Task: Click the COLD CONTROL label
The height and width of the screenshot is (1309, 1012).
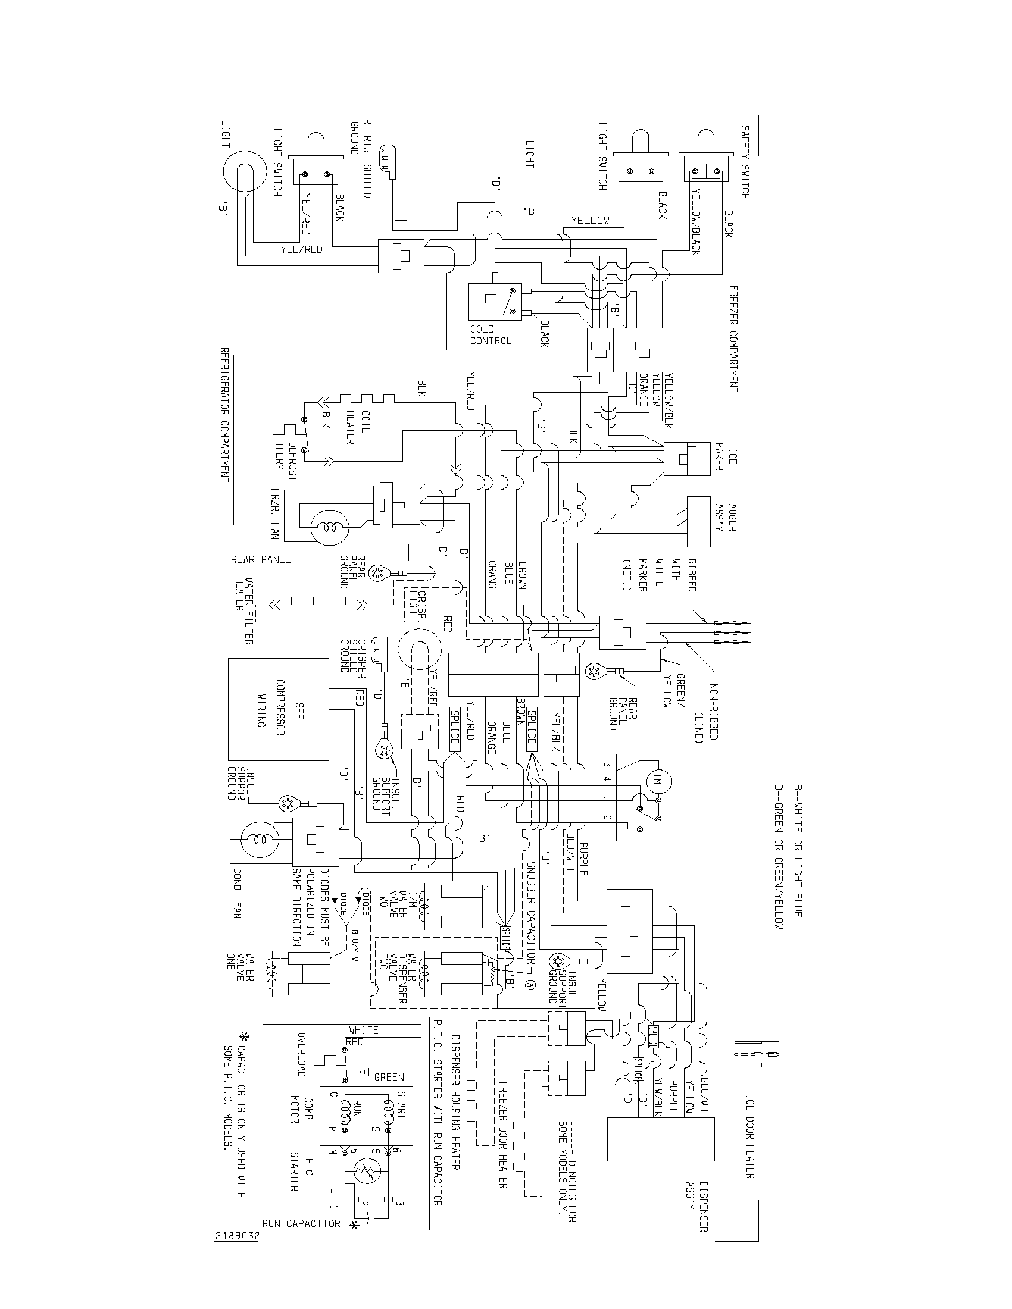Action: tap(491, 334)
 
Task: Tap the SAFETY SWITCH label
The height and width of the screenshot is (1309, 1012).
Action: tap(744, 162)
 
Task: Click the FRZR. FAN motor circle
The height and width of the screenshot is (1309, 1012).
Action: tap(327, 527)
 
